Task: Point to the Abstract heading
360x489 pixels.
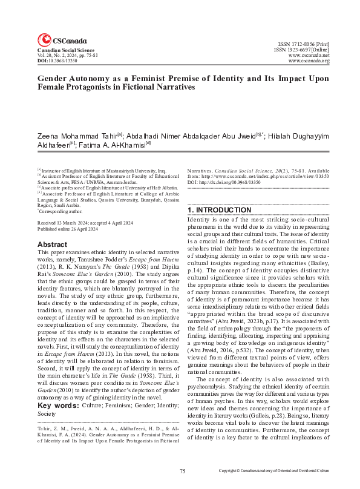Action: click(53, 244)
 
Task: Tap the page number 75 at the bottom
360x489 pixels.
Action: click(182, 470)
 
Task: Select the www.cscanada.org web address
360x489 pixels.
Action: click(309, 61)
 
